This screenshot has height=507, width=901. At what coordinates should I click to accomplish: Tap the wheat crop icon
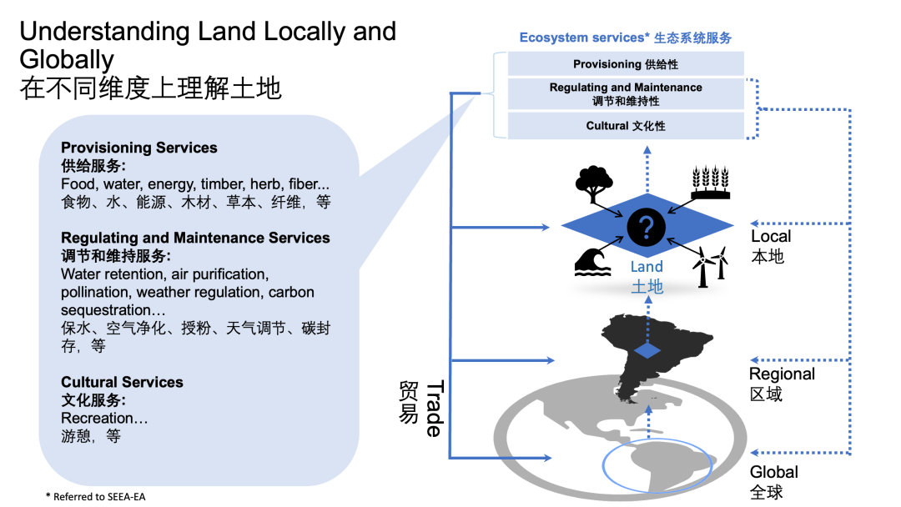(710, 183)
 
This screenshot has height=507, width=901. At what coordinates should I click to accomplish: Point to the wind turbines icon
(710, 266)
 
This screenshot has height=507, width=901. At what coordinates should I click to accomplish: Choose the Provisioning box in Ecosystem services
(626, 64)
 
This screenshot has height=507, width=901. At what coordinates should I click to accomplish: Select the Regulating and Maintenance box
(626, 93)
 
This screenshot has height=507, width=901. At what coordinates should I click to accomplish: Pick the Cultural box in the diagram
(626, 126)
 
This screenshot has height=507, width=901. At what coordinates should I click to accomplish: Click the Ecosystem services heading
(625, 38)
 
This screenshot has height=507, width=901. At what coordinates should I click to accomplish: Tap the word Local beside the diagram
(771, 237)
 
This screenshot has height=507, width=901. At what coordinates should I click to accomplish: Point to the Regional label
(782, 374)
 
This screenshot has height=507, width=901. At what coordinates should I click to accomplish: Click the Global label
(773, 472)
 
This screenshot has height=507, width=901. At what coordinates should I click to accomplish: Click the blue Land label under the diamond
(647, 267)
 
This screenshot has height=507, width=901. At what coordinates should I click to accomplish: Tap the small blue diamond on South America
(647, 350)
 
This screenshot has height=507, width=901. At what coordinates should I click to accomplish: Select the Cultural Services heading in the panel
(122, 383)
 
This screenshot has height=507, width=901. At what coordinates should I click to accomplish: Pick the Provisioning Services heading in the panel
(138, 148)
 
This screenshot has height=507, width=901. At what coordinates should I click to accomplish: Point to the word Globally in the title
(67, 60)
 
